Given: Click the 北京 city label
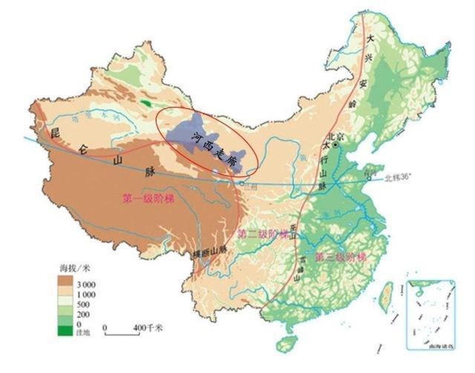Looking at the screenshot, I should [336, 136].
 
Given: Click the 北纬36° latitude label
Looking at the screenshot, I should [401, 178].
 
